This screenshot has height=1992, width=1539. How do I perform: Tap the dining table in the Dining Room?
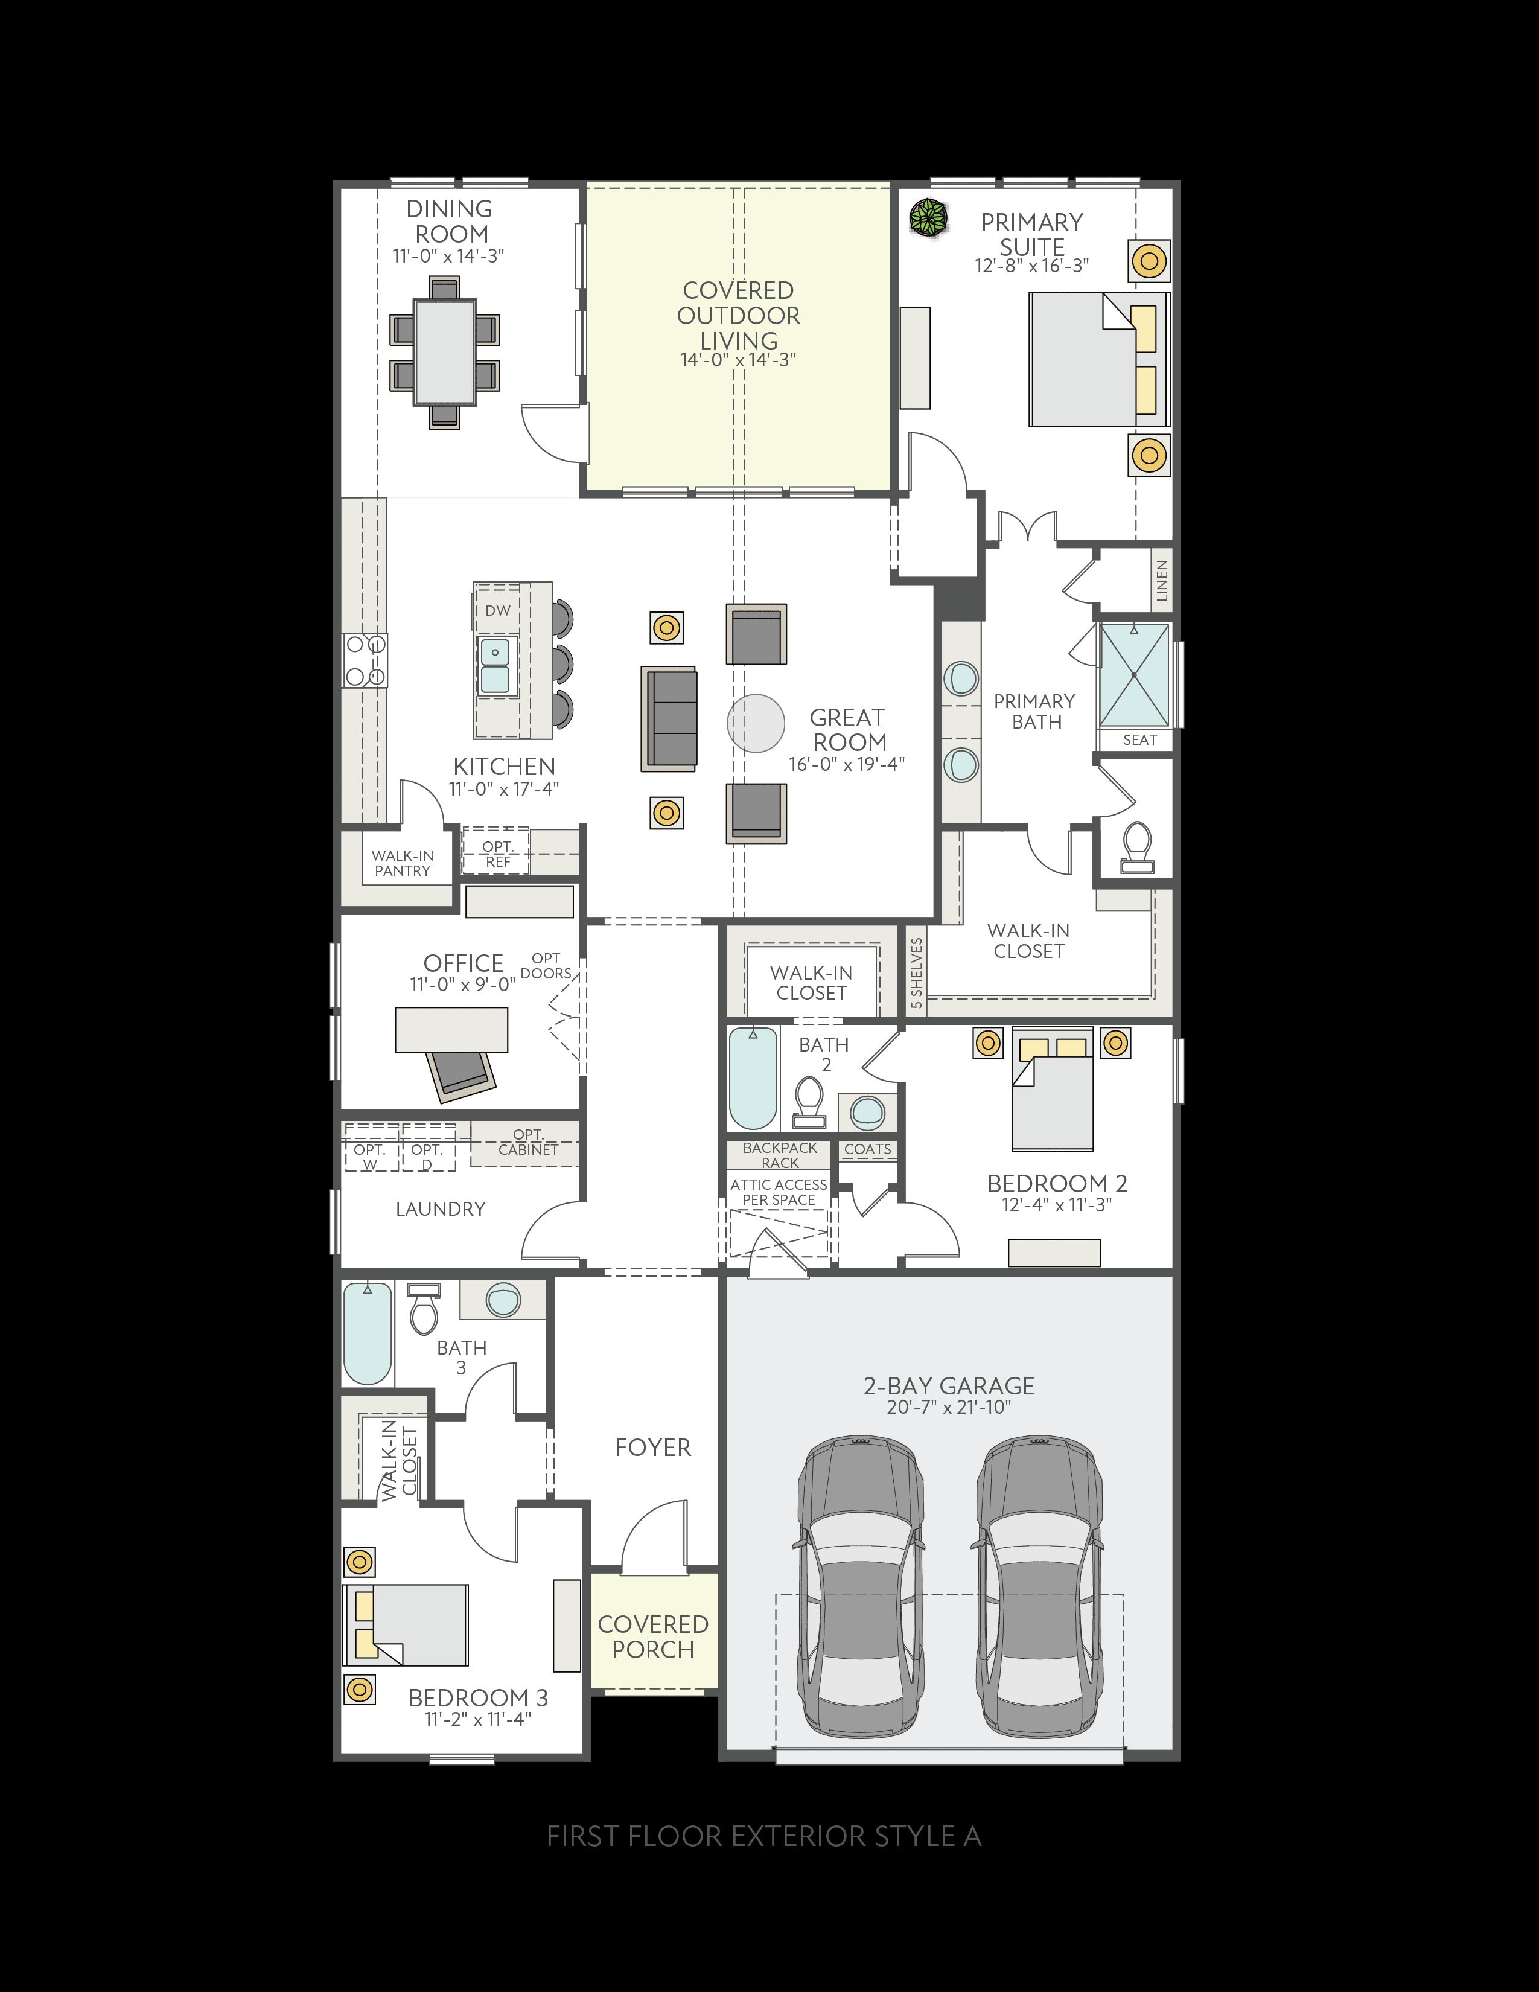pyautogui.click(x=445, y=352)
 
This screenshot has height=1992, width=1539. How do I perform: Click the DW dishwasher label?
pyautogui.click(x=498, y=610)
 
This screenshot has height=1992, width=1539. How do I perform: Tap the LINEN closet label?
pyautogui.click(x=1162, y=580)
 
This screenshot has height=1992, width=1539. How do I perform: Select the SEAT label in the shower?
pyautogui.click(x=1139, y=739)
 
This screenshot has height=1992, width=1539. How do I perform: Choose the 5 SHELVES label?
pyautogui.click(x=916, y=972)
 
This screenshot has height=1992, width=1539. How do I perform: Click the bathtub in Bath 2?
pyautogui.click(x=754, y=1078)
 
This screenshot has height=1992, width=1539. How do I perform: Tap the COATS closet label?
pyautogui.click(x=868, y=1149)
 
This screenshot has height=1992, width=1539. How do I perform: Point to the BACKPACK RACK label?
pyautogui.click(x=780, y=1155)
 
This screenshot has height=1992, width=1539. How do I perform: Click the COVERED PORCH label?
pyautogui.click(x=653, y=1636)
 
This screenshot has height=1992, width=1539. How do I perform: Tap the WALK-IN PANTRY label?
pyautogui.click(x=403, y=863)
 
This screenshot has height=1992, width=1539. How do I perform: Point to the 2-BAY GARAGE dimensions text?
pyautogui.click(x=949, y=1407)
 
